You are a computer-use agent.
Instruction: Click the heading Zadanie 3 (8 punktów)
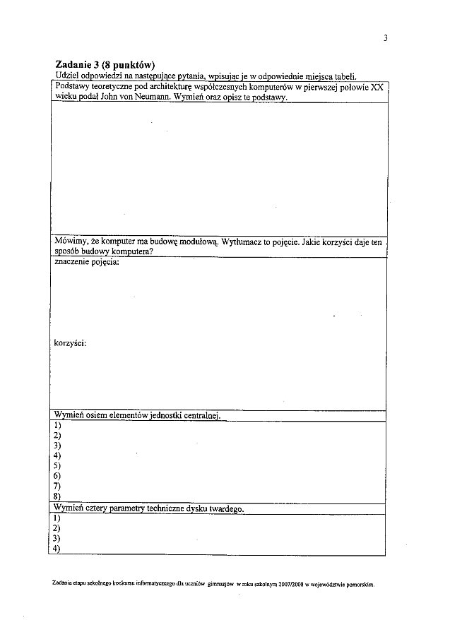pos(105,65)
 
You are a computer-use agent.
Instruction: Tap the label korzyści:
pos(71,343)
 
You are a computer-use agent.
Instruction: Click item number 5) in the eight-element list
pos(57,466)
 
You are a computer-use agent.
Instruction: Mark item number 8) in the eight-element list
pos(57,496)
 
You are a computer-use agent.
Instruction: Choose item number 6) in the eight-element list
pos(57,476)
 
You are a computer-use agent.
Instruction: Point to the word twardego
pos(225,508)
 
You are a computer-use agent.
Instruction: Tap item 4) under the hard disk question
pos(57,549)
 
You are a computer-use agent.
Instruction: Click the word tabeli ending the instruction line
pos(343,76)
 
